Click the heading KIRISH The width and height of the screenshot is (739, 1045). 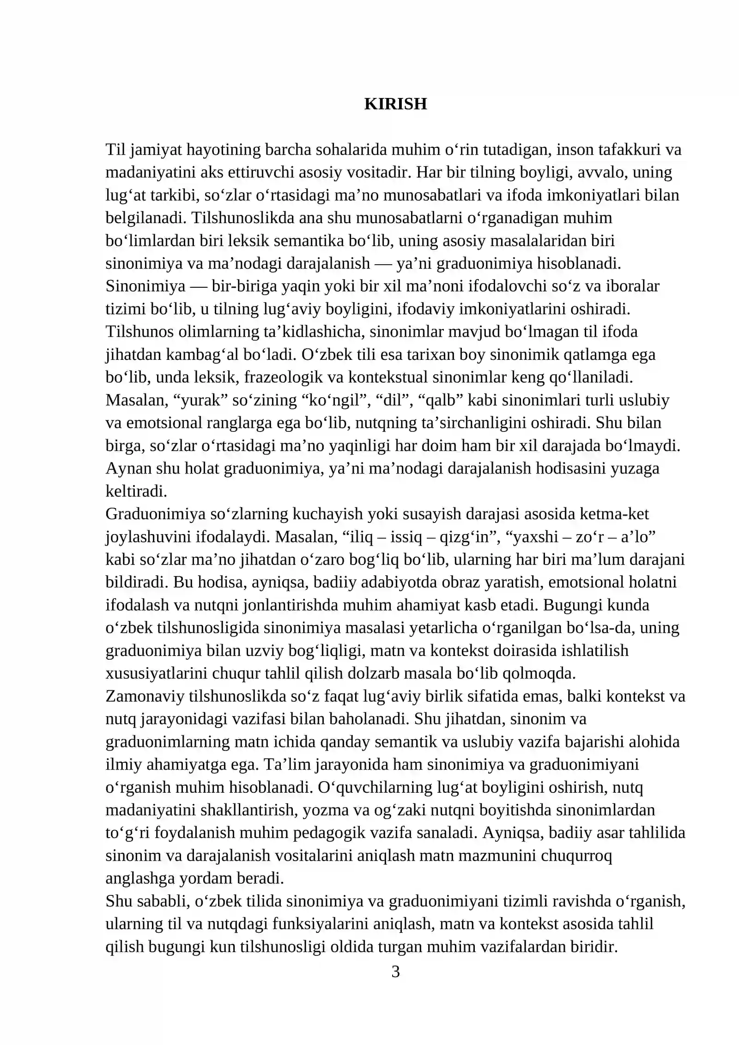[x=395, y=104]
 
